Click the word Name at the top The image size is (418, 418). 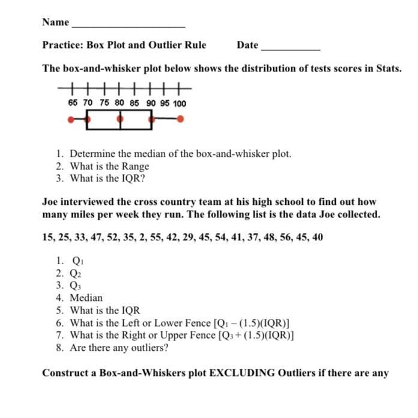coord(55,22)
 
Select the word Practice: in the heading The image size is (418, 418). coord(63,45)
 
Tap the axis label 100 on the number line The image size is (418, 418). coord(179,103)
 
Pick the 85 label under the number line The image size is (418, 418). coord(134,103)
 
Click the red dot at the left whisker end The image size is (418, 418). coord(71,120)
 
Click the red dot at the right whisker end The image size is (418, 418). coord(180,119)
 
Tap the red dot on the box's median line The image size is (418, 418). coord(120,119)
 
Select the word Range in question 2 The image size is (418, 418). coord(135,166)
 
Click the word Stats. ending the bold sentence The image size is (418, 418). coord(389,68)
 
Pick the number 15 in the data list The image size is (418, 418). coord(48,237)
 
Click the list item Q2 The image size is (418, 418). coord(76,273)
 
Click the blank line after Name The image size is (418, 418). coord(128,26)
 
